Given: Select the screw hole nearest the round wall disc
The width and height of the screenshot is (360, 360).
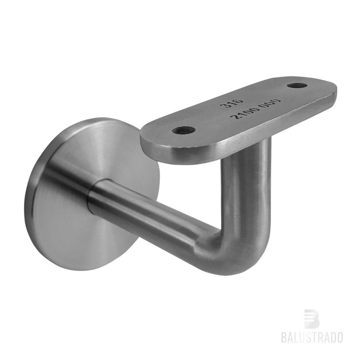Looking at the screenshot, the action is pos(184,131).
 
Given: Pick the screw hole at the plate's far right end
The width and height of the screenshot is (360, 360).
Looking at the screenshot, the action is pos(298,86).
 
